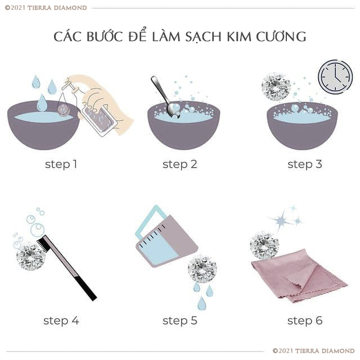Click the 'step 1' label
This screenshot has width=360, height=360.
point(61,164)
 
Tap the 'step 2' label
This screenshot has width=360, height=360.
point(180,164)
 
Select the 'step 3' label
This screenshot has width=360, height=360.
point(305,164)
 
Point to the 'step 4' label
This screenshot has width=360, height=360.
point(61,321)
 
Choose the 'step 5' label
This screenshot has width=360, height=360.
point(180,321)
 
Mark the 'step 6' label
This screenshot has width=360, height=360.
point(305,321)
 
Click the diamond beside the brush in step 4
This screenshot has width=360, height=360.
point(30,256)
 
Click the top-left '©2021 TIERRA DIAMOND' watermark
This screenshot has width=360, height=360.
point(46,8)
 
